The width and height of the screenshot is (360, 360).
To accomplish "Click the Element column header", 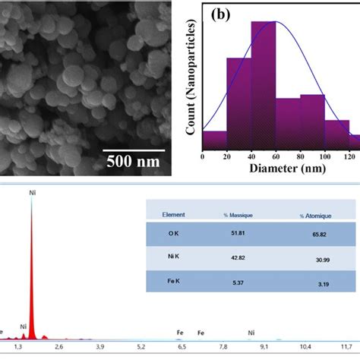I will [x=174, y=216].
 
